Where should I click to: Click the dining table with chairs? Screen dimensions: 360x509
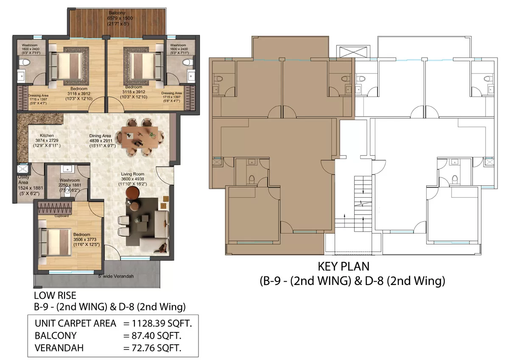(140, 137)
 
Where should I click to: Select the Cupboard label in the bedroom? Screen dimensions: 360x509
(62, 215)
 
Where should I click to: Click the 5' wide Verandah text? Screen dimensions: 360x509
(116, 276)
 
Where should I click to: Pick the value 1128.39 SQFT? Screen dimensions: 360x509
(157, 323)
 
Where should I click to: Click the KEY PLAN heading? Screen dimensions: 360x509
(344, 267)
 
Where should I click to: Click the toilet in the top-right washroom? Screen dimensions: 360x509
(186, 63)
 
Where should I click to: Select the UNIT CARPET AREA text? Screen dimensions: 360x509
(76, 323)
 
